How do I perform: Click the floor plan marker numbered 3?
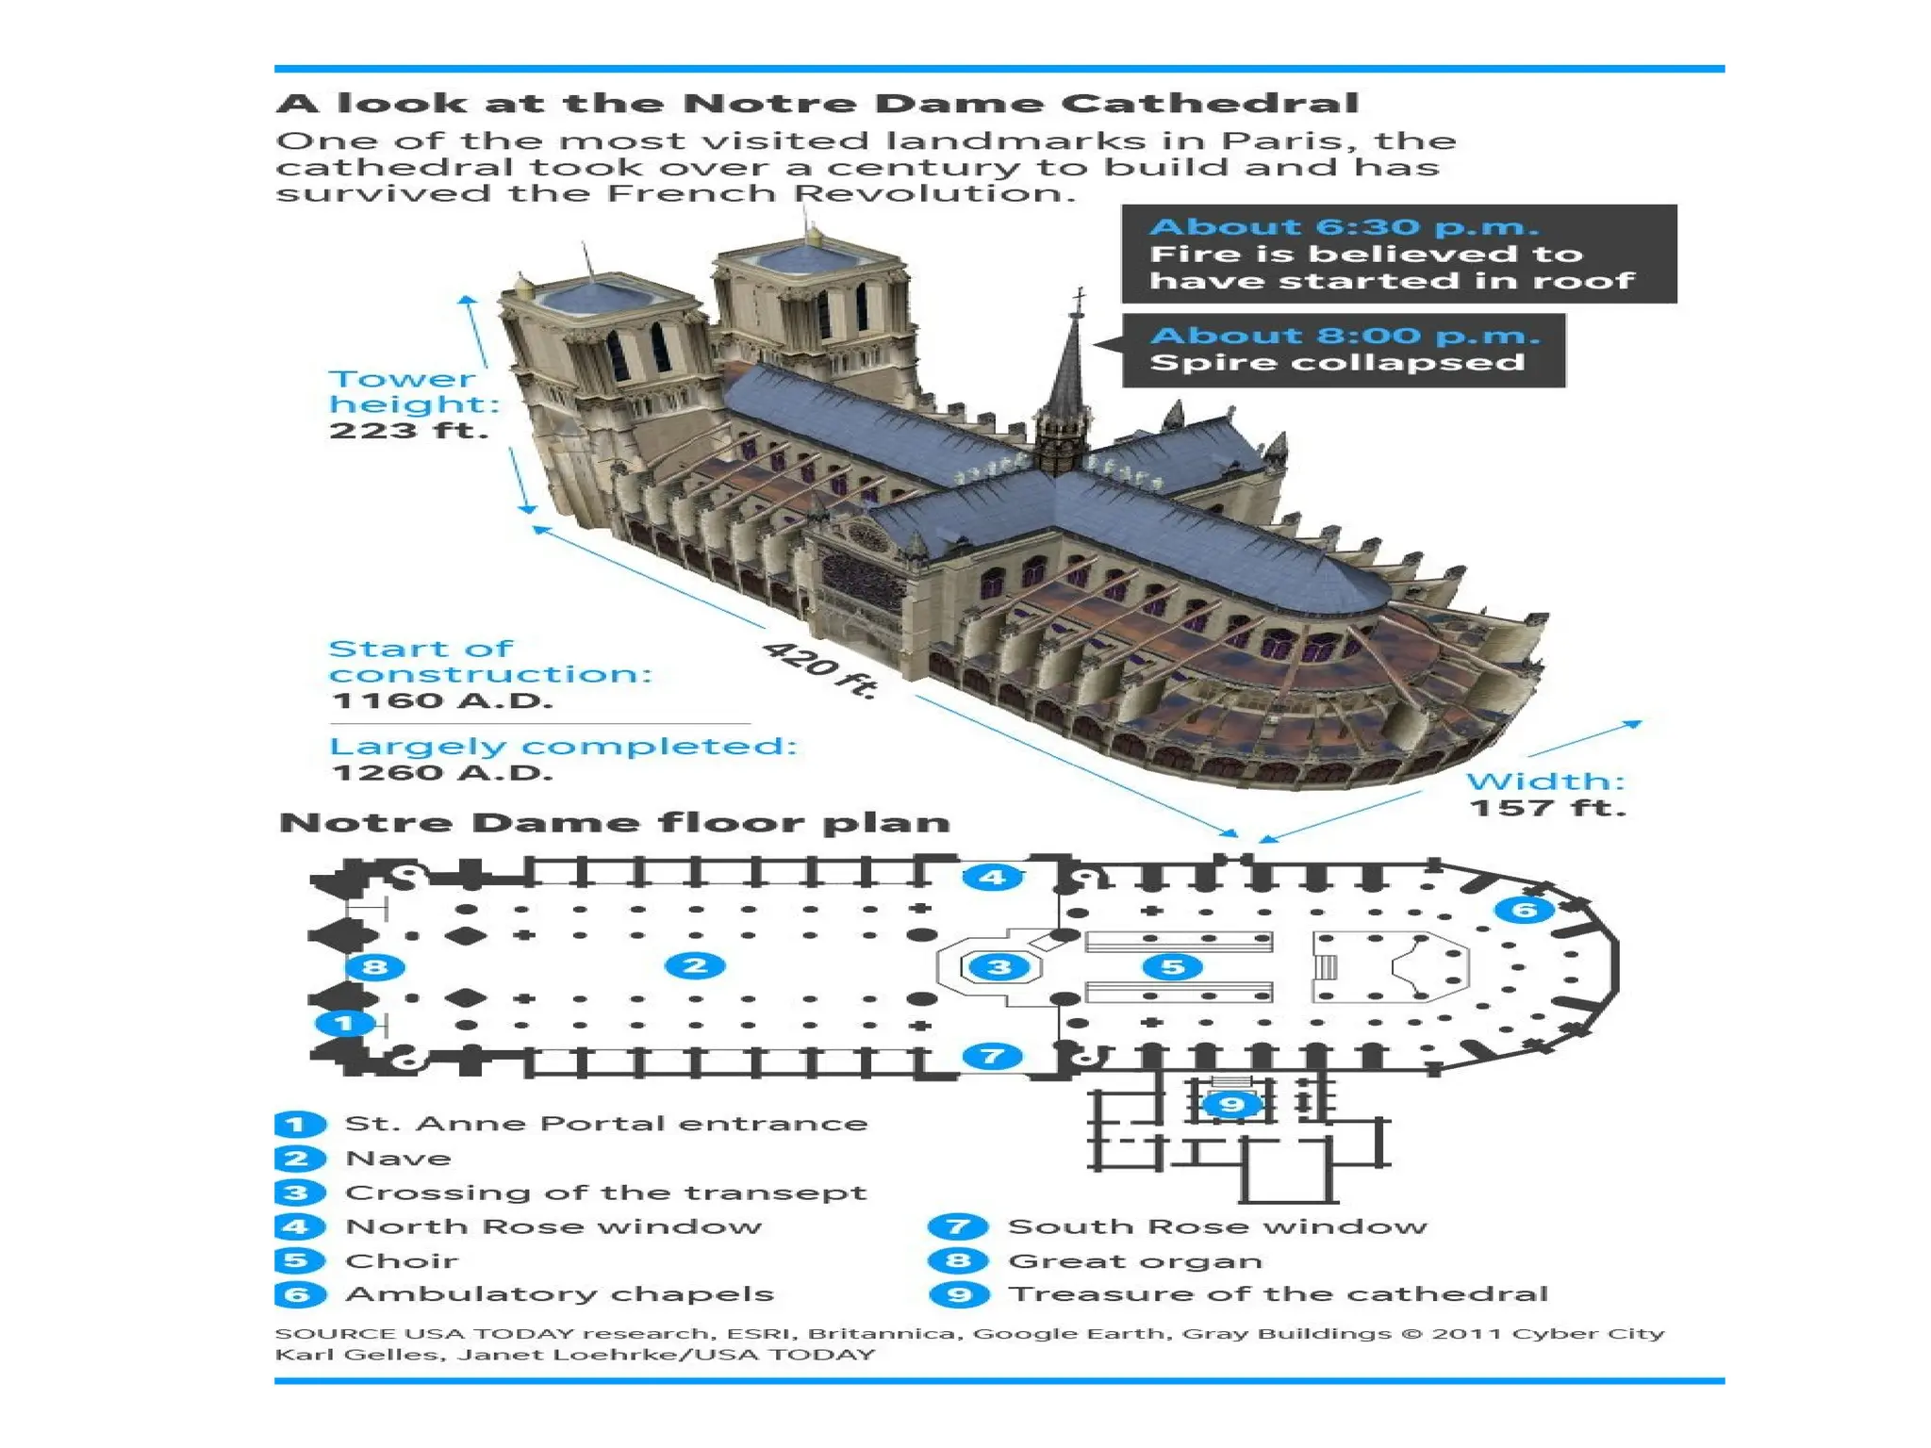[x=999, y=966]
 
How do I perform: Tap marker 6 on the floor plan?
[x=1524, y=910]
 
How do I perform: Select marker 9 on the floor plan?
[x=1231, y=1104]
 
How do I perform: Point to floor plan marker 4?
[x=992, y=878]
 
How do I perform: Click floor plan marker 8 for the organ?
[x=375, y=966]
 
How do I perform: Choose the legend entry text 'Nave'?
[x=398, y=1159]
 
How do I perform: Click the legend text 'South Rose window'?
[x=1217, y=1226]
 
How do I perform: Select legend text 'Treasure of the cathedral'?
[x=1278, y=1294]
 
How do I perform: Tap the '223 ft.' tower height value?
[x=408, y=432]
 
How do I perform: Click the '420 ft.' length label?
[x=819, y=668]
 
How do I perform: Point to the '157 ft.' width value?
[x=1547, y=808]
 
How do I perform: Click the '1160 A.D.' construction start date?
[x=442, y=701]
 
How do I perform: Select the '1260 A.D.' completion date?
[x=442, y=773]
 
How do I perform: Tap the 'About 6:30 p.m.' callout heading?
[x=1344, y=227]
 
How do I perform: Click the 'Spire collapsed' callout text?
[x=1337, y=363]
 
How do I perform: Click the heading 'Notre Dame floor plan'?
[x=615, y=823]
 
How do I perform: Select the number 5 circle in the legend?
[x=298, y=1260]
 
